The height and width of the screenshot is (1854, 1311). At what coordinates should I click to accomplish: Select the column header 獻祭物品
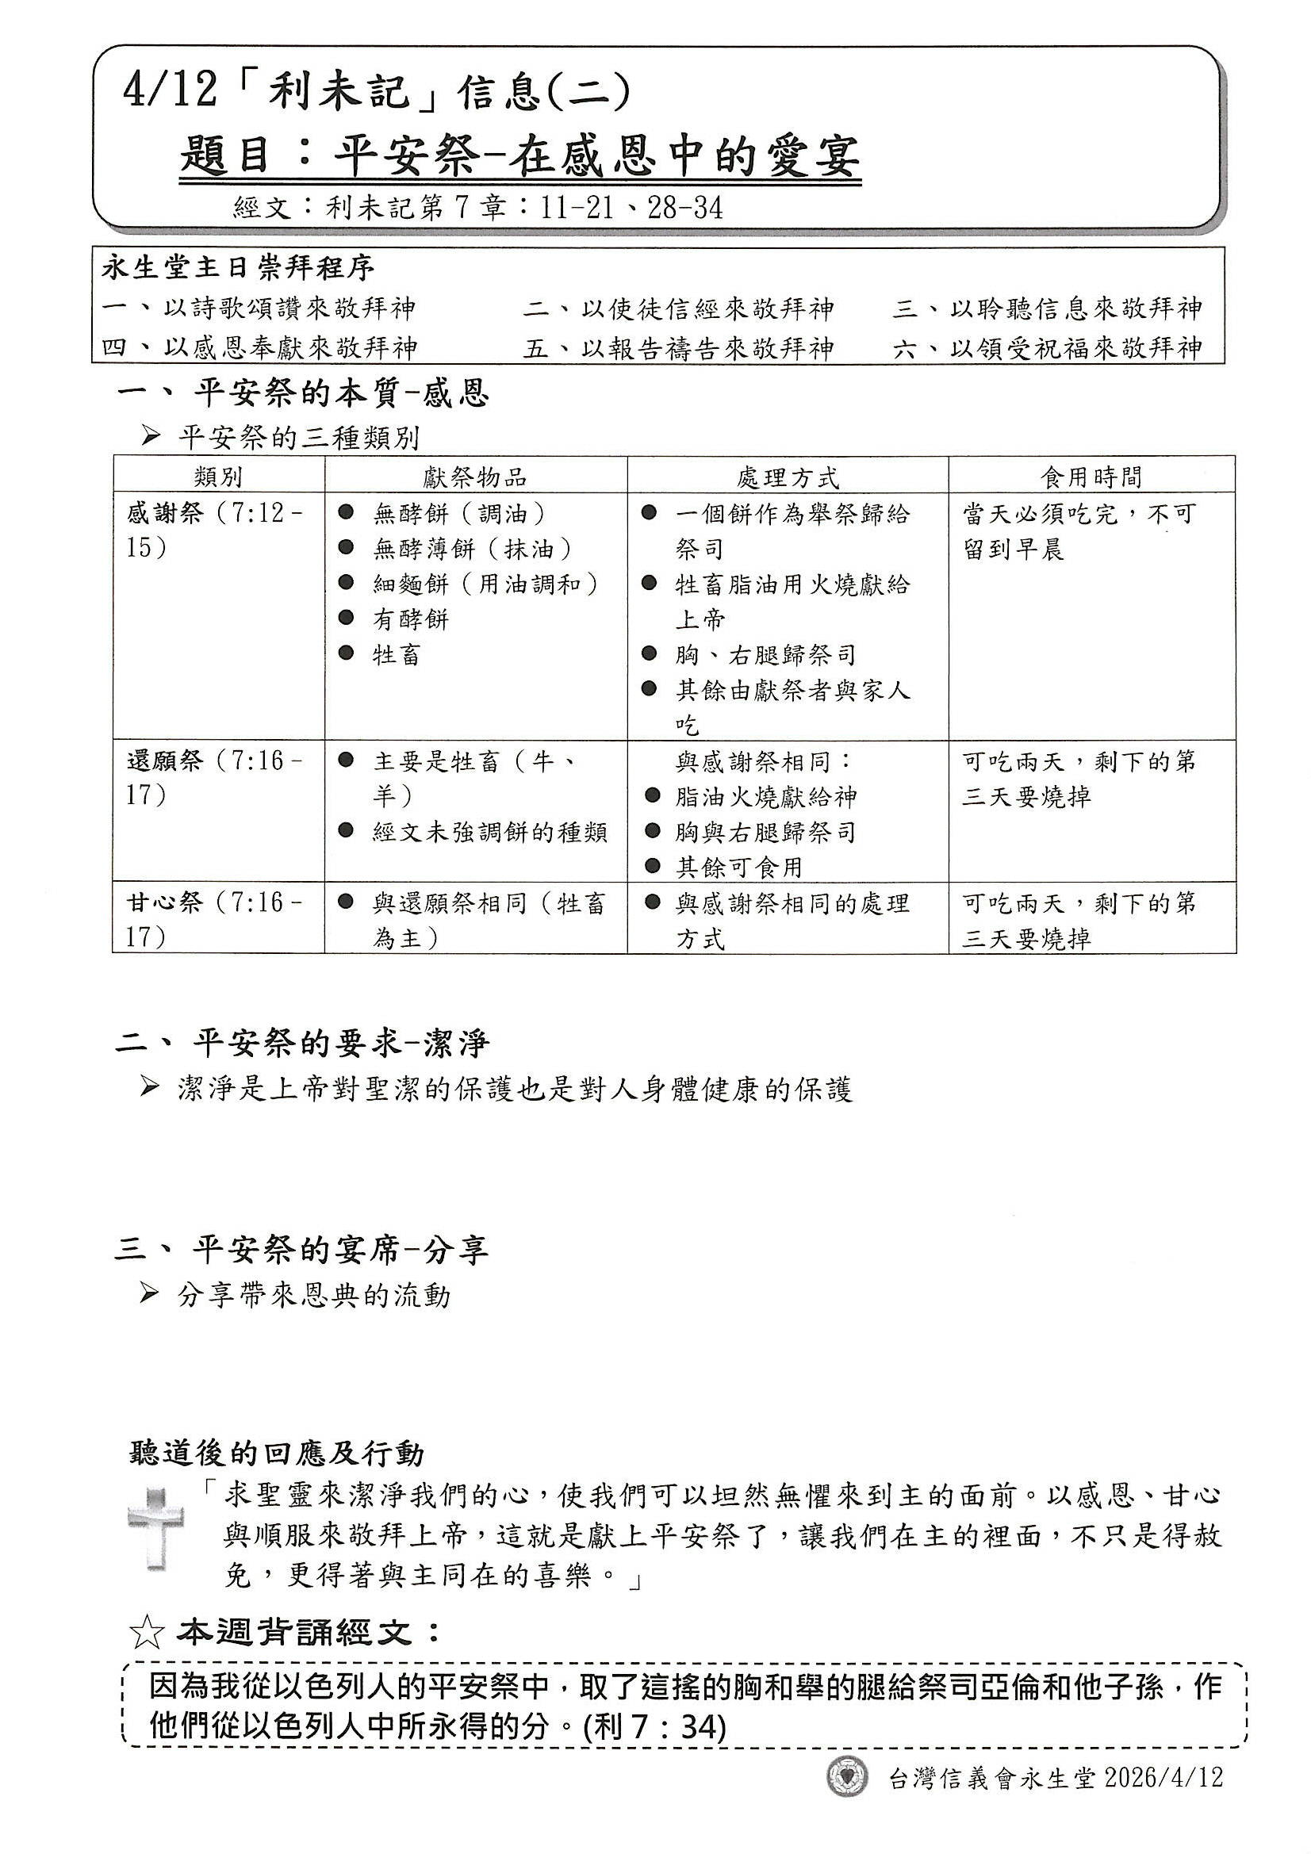[x=475, y=477]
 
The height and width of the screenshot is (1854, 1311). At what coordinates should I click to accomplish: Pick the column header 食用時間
[x=1091, y=477]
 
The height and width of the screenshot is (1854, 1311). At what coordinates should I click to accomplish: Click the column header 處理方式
[x=788, y=477]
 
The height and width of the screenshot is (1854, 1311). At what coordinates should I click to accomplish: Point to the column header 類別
[x=218, y=477]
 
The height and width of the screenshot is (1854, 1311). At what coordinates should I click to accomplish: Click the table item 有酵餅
[x=410, y=619]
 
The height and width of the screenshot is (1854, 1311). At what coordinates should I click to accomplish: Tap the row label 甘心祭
[x=164, y=902]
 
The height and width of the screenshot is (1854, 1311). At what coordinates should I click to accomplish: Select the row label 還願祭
[x=164, y=761]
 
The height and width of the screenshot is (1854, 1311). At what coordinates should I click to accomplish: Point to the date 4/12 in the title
[x=170, y=91]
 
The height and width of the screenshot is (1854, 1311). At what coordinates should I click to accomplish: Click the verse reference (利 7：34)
[x=654, y=1728]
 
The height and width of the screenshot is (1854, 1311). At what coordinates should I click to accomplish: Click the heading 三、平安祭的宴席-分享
[x=302, y=1251]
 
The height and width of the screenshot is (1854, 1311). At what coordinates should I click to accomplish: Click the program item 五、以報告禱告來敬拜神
[x=678, y=349]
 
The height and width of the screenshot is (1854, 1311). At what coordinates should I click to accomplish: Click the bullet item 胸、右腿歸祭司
[x=765, y=655]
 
